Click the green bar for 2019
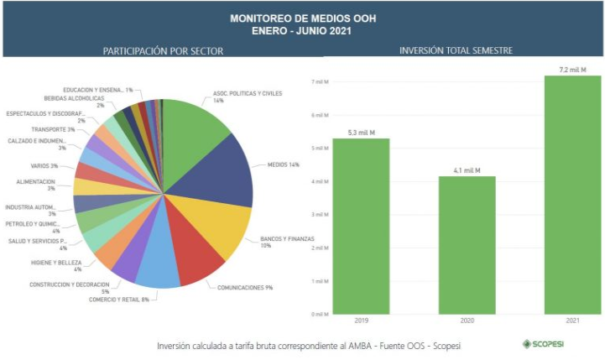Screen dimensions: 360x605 point(361,226)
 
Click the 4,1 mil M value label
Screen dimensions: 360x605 point(467,170)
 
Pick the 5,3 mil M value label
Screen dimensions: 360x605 point(361,133)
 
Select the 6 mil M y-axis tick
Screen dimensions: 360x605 point(319,115)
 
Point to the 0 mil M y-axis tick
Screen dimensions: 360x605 point(319,315)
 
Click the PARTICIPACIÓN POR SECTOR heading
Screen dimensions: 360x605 point(163,51)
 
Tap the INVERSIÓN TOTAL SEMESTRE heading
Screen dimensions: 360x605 point(456,51)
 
